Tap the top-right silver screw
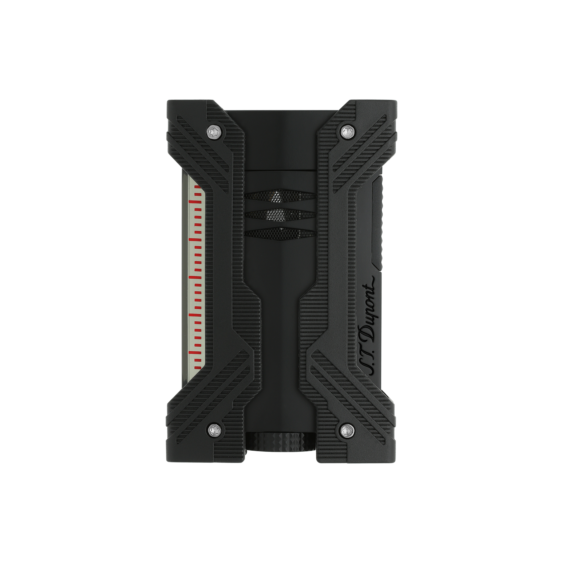[347, 130]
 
